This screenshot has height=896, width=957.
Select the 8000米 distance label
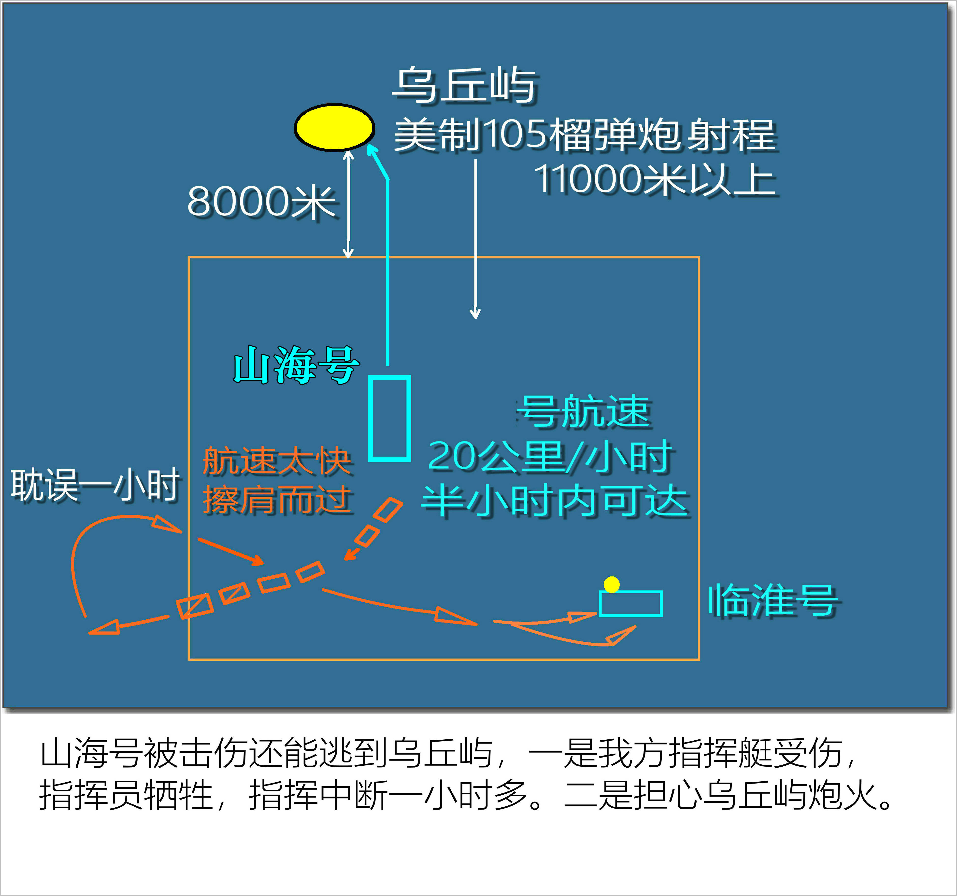[261, 202]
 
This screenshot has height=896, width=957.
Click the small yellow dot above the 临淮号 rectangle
[611, 584]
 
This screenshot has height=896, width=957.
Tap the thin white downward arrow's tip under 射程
[475, 315]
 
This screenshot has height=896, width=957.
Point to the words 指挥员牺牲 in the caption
[126, 795]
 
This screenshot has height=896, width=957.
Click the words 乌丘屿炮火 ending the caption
[789, 795]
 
